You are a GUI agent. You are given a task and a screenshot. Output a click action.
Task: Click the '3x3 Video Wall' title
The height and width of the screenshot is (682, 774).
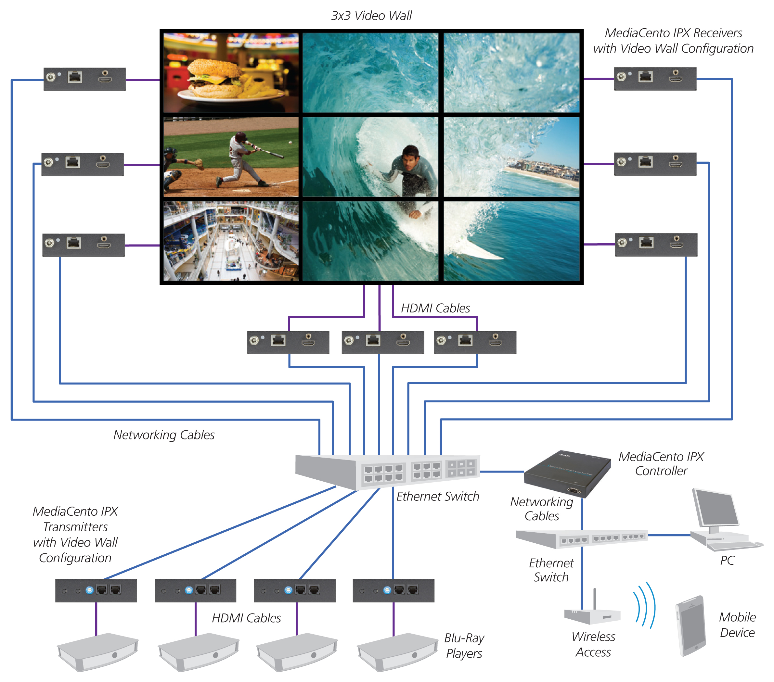point(371,16)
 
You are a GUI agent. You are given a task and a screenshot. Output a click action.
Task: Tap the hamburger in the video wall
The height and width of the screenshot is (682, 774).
point(214,78)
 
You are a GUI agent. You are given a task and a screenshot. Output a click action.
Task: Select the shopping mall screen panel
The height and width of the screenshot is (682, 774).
point(231,241)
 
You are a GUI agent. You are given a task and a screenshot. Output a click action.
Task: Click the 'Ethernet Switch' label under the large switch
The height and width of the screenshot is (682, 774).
point(437,496)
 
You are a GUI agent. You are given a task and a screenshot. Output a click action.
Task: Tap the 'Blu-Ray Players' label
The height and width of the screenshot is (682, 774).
point(464,646)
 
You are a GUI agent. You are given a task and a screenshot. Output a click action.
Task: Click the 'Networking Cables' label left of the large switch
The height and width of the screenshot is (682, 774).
point(164,435)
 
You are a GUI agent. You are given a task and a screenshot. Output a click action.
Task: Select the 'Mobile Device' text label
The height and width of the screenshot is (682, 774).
point(737,625)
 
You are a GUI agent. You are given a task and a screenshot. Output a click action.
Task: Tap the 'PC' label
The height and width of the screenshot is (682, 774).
point(727,560)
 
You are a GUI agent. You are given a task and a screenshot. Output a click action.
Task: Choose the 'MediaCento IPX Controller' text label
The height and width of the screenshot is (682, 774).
point(661,464)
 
